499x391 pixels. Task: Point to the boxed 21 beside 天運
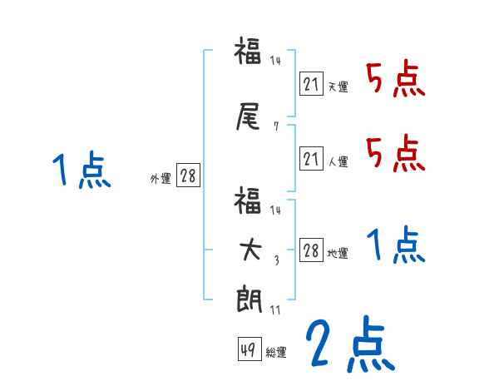coord(311,83)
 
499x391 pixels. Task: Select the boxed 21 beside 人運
coord(311,159)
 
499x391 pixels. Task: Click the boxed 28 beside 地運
coord(311,250)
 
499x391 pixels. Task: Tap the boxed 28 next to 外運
coord(188,176)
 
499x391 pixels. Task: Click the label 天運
coord(338,87)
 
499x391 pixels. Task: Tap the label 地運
coord(338,254)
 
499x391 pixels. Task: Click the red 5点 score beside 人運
coord(394,153)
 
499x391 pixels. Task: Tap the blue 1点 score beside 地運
coord(394,245)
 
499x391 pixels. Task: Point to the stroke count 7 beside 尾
coord(275,126)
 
